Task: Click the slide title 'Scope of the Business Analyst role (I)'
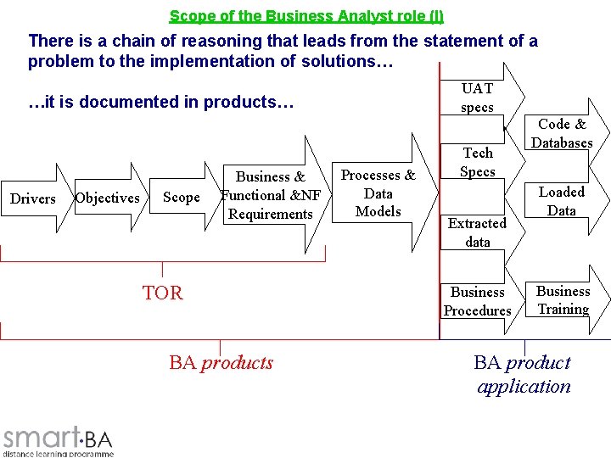(x=305, y=16)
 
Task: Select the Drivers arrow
(x=32, y=198)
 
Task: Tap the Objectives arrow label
(x=107, y=198)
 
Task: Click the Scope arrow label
(x=181, y=198)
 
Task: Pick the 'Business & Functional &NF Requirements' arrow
(x=271, y=195)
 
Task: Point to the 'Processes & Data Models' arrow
(x=378, y=193)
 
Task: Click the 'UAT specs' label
(x=477, y=98)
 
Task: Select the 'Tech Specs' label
(x=477, y=162)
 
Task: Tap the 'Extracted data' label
(x=477, y=232)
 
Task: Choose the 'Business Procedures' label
(x=477, y=301)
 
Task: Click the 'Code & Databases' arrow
(x=562, y=134)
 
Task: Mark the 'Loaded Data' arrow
(x=562, y=202)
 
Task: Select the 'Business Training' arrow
(x=563, y=300)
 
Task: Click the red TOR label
(x=162, y=293)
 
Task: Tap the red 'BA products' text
(x=221, y=363)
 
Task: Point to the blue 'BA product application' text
(x=523, y=374)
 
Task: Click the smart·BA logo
(x=58, y=437)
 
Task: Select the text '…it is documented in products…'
(x=161, y=103)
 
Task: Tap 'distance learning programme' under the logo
(x=58, y=454)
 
